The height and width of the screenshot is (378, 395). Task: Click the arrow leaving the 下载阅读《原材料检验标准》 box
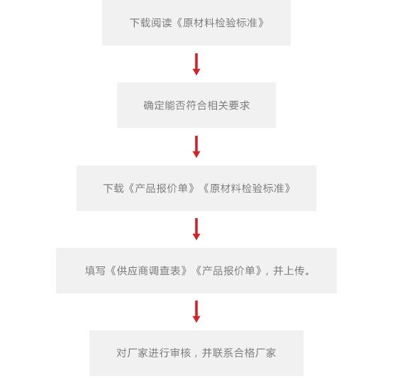point(196,64)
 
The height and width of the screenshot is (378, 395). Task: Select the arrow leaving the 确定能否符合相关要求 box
point(196,146)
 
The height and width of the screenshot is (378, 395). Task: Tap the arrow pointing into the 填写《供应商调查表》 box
point(196,229)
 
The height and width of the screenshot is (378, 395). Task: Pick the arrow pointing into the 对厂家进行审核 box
point(196,311)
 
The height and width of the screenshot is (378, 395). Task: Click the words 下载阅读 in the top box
point(151,23)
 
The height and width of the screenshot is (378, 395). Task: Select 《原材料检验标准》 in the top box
point(219,23)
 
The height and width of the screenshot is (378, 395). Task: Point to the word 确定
point(154,105)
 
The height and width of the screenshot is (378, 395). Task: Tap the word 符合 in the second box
point(196,105)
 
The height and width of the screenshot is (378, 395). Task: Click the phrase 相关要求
point(228,105)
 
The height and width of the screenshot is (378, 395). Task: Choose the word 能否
point(175,105)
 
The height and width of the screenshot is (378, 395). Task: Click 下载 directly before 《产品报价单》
point(113,188)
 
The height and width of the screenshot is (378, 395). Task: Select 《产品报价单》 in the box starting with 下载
point(162,188)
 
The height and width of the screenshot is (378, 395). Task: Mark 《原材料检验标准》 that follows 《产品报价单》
point(246,188)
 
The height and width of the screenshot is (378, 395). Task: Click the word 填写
point(95,271)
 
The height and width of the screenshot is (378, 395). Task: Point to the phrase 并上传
point(289,271)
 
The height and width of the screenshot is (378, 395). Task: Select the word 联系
point(223,353)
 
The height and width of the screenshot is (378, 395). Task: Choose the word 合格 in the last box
point(244,353)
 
